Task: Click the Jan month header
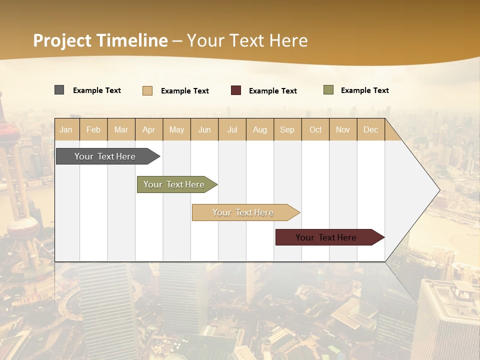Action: [x=66, y=130]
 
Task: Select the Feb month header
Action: [x=93, y=130]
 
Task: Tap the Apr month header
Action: [x=149, y=130]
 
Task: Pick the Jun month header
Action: [x=204, y=130]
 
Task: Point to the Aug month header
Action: [x=260, y=130]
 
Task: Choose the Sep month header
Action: [x=287, y=130]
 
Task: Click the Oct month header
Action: [x=315, y=130]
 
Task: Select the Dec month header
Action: [x=371, y=130]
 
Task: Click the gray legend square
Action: [x=59, y=90]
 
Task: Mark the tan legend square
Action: [x=147, y=90]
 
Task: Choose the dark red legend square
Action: [x=236, y=90]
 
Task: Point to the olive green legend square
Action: [x=328, y=90]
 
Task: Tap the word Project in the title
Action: [x=62, y=40]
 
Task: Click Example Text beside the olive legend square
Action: [x=365, y=90]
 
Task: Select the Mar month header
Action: [x=121, y=130]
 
